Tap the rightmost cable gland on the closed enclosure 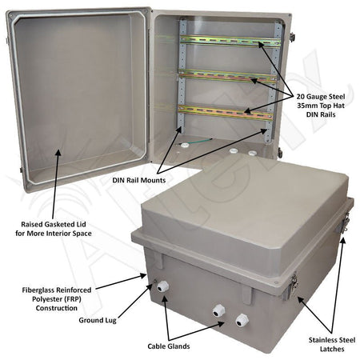pos(242,319)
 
